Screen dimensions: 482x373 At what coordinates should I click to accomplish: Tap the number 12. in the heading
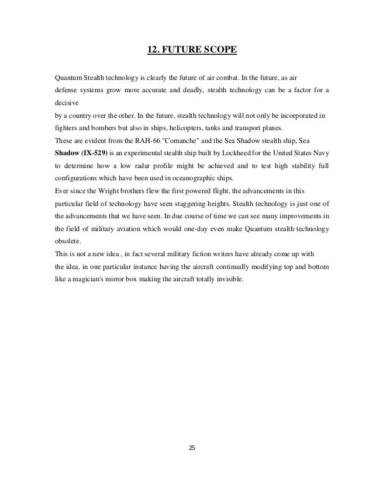click(x=154, y=53)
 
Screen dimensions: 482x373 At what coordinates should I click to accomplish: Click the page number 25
click(x=192, y=448)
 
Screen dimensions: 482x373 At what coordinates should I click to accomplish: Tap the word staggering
click(x=223, y=203)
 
